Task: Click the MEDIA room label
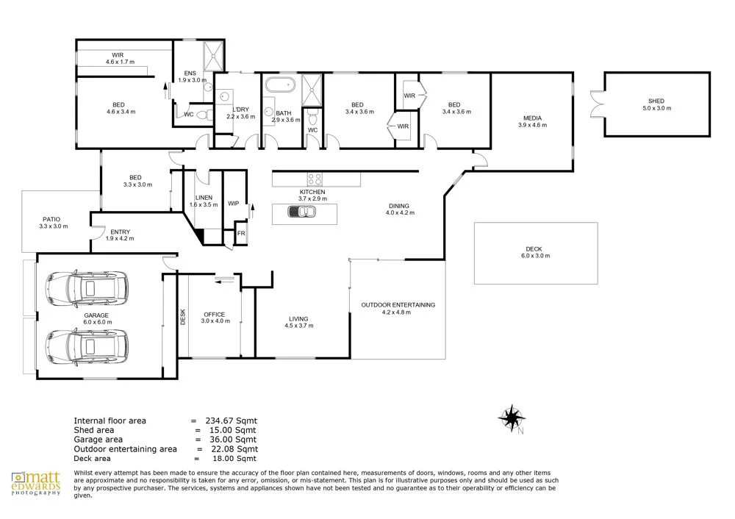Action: click(x=532, y=118)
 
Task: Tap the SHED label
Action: click(x=656, y=101)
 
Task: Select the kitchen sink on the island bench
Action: click(x=302, y=212)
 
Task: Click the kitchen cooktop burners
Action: click(x=315, y=179)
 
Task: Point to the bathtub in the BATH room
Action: click(x=280, y=85)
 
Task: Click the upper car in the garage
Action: click(x=87, y=288)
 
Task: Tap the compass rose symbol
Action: click(x=512, y=418)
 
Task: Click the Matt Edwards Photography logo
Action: click(x=36, y=484)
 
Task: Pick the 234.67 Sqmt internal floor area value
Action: click(x=231, y=420)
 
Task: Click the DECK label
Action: click(x=534, y=249)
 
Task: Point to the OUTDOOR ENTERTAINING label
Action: click(x=398, y=305)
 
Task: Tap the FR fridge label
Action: click(x=241, y=233)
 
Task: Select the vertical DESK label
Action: click(x=183, y=316)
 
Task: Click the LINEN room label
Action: click(x=204, y=197)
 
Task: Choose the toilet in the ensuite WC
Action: click(x=203, y=115)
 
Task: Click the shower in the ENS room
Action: click(x=213, y=56)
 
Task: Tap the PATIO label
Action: click(x=51, y=219)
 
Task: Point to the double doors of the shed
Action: click(x=596, y=104)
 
